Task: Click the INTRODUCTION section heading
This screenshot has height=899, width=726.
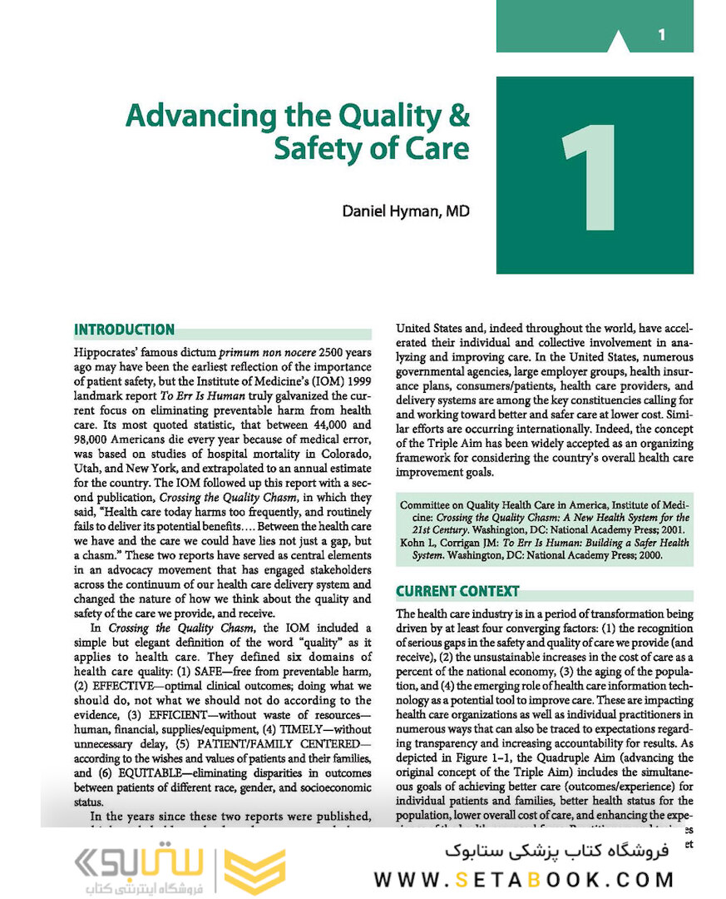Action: click(125, 330)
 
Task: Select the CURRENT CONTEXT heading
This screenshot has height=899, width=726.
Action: click(457, 592)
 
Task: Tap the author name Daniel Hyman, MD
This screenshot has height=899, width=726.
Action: click(406, 211)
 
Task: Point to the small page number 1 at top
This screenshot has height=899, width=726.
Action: click(661, 35)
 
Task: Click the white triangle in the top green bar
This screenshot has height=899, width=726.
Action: click(619, 42)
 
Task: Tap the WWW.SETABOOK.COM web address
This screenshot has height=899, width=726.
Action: click(524, 880)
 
